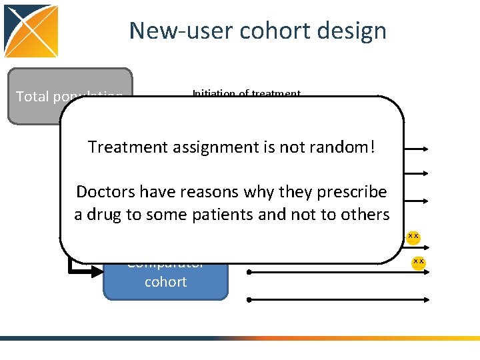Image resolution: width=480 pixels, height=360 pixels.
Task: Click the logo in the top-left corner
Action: (31, 31)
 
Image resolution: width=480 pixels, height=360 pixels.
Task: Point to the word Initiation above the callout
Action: (213, 94)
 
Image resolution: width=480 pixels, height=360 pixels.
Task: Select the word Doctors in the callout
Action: (102, 192)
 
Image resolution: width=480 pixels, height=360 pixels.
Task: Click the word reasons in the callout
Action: (206, 192)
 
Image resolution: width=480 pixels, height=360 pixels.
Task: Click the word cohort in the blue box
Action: (165, 281)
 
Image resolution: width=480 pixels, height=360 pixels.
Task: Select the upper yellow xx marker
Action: (413, 236)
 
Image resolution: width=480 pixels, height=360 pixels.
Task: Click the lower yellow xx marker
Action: (418, 261)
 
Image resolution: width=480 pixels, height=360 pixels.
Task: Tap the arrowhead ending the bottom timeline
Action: (423, 300)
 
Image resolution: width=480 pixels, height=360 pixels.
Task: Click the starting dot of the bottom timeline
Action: (249, 300)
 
